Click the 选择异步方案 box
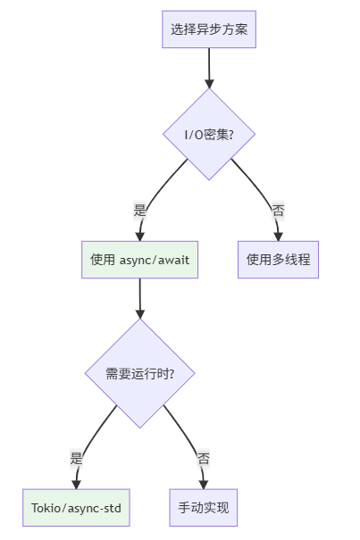(x=209, y=29)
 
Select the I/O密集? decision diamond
(x=209, y=134)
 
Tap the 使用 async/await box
(x=139, y=260)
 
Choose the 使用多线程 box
(x=278, y=260)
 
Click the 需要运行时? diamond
(x=139, y=373)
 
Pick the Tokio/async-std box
(x=76, y=508)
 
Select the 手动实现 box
(x=204, y=508)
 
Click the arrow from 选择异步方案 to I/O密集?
(x=209, y=67)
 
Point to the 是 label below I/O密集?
(x=139, y=211)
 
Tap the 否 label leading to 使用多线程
(x=278, y=211)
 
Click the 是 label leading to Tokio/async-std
(x=76, y=459)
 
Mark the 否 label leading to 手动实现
(x=204, y=459)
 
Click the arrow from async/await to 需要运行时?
(x=139, y=299)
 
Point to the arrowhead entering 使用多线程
(x=278, y=236)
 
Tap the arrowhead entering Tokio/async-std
(x=76, y=484)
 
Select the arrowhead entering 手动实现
(x=204, y=484)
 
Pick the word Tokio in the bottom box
(x=46, y=508)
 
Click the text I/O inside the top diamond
(x=194, y=134)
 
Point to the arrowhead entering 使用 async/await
(x=139, y=236)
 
